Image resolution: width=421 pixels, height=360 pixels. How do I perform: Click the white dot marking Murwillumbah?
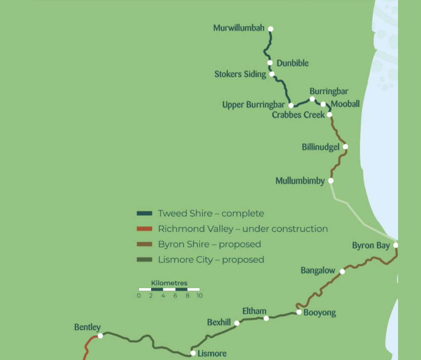(270, 29)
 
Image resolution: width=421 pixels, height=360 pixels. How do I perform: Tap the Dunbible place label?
(292, 63)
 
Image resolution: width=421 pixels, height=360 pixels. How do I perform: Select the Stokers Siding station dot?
(272, 74)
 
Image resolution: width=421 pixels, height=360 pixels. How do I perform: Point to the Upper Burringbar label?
(253, 105)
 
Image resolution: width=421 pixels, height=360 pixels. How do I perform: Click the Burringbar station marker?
(312, 99)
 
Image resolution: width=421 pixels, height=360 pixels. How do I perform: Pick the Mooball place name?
(345, 104)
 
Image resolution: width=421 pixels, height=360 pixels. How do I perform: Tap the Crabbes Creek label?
(298, 115)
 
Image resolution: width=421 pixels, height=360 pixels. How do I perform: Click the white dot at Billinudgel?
(345, 147)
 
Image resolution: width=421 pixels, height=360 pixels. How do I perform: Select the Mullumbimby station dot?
(331, 181)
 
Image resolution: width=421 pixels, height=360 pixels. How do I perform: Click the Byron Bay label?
(371, 245)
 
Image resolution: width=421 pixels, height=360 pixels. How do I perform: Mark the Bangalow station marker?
(342, 272)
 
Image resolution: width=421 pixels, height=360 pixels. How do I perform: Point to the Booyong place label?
(320, 313)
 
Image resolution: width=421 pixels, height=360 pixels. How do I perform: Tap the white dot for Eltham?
(266, 318)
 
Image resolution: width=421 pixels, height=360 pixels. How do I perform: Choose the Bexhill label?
(219, 323)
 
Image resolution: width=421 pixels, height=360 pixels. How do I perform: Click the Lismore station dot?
(193, 353)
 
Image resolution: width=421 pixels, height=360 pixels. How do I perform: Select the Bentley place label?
(87, 327)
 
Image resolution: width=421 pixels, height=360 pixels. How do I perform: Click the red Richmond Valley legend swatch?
(144, 229)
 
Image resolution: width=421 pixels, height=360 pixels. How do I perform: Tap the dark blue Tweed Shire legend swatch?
(144, 213)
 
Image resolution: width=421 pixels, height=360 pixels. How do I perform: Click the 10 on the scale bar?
(199, 296)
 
